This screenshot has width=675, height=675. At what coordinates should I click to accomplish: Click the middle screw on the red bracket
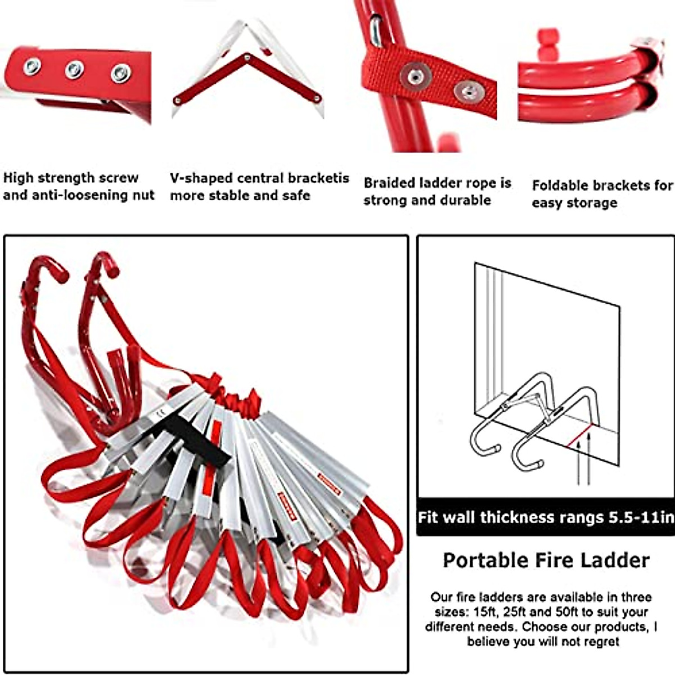74,70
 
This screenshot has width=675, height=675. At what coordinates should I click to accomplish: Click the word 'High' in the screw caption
19,178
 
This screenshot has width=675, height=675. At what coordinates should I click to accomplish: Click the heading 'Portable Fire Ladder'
546,560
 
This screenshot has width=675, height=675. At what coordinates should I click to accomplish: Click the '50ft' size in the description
550,612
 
